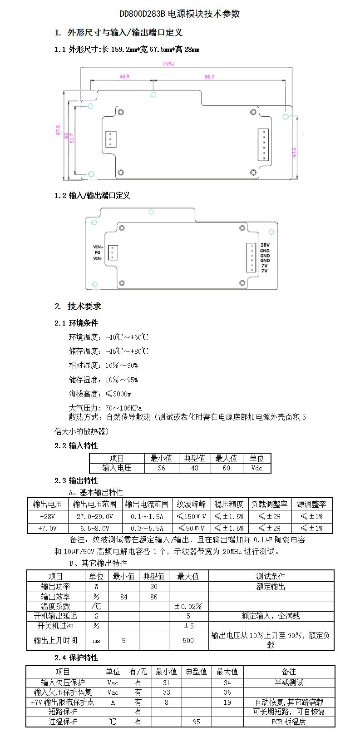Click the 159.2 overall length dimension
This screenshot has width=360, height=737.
click(168, 64)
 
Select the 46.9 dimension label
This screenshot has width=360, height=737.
click(124, 77)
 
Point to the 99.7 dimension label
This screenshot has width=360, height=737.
click(209, 77)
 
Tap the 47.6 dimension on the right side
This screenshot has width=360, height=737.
click(294, 152)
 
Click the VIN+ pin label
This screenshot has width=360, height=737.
click(98, 247)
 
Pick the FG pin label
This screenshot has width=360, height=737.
click(97, 252)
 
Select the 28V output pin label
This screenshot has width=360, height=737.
click(265, 245)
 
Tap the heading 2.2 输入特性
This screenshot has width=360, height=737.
click(76, 445)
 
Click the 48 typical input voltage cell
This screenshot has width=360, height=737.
click(194, 468)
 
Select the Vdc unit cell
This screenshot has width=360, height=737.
click(256, 468)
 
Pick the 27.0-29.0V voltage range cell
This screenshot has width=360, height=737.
click(94, 516)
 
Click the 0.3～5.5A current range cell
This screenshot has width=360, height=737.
click(147, 528)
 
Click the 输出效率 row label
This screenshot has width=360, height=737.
click(55, 597)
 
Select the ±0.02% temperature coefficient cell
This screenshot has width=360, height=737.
click(188, 606)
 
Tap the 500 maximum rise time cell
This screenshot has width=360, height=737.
click(188, 640)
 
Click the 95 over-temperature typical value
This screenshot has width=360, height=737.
click(196, 722)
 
